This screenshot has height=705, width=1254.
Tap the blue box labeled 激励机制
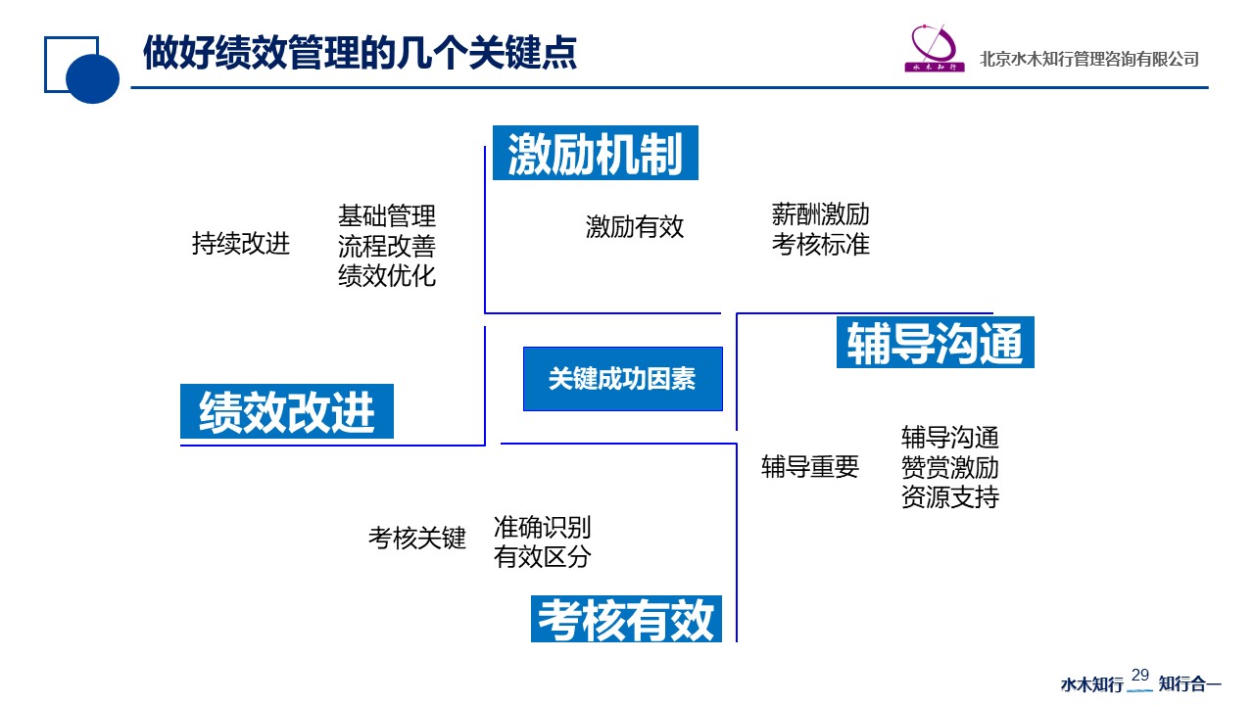(x=595, y=153)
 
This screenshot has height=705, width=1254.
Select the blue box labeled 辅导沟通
(x=935, y=343)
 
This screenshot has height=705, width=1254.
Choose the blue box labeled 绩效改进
(x=287, y=411)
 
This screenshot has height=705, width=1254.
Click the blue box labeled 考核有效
(x=626, y=619)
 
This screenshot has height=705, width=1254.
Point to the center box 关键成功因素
(x=622, y=379)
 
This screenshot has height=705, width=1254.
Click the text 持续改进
(x=241, y=244)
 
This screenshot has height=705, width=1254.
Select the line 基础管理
(x=387, y=215)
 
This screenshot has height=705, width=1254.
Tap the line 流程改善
(x=387, y=246)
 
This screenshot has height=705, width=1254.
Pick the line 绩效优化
(x=387, y=276)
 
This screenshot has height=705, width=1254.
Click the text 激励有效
(x=635, y=227)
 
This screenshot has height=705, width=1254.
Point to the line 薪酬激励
(x=820, y=214)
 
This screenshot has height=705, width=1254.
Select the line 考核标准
(x=820, y=245)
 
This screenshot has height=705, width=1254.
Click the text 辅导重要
(x=810, y=467)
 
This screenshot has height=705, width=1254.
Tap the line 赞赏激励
(x=949, y=467)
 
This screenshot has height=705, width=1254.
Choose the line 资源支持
(x=949, y=497)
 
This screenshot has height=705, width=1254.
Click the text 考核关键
(x=417, y=538)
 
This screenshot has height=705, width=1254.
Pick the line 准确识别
(x=543, y=528)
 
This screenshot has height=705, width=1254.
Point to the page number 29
(x=1140, y=675)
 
